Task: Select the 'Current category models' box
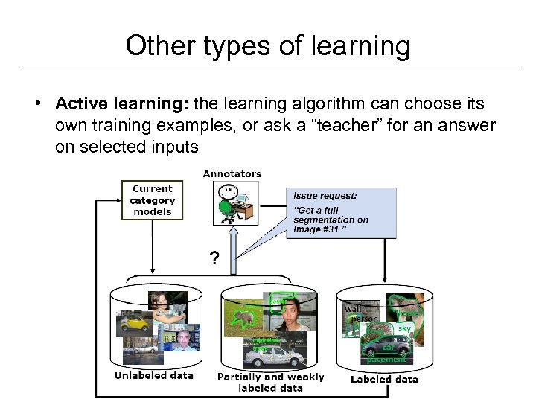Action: point(152,200)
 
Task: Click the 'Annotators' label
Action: point(232,174)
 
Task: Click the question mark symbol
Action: point(214,259)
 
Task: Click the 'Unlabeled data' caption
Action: point(153,376)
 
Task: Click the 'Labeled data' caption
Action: point(384,379)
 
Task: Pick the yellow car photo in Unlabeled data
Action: point(134,324)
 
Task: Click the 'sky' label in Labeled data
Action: point(404,328)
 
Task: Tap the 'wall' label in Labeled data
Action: point(353,307)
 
